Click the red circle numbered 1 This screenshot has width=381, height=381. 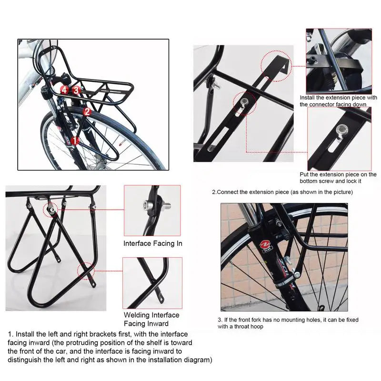click(x=74, y=140)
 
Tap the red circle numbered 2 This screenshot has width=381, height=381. click(x=87, y=112)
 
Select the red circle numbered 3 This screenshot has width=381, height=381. click(x=75, y=89)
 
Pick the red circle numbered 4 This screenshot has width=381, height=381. click(x=64, y=89)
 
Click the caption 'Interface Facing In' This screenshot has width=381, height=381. click(x=153, y=243)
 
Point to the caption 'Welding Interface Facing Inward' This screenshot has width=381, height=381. click(x=151, y=319)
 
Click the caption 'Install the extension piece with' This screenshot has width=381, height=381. click(x=338, y=98)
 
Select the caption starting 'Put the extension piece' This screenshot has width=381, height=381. click(x=338, y=175)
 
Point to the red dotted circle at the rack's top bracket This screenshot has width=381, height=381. click(x=50, y=208)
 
